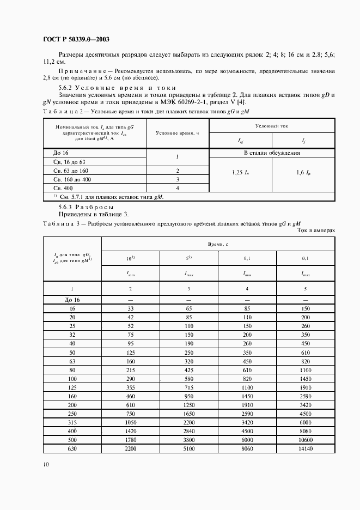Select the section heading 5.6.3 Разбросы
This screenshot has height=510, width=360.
(x=86, y=208)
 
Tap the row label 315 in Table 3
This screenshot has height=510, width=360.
(x=72, y=422)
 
